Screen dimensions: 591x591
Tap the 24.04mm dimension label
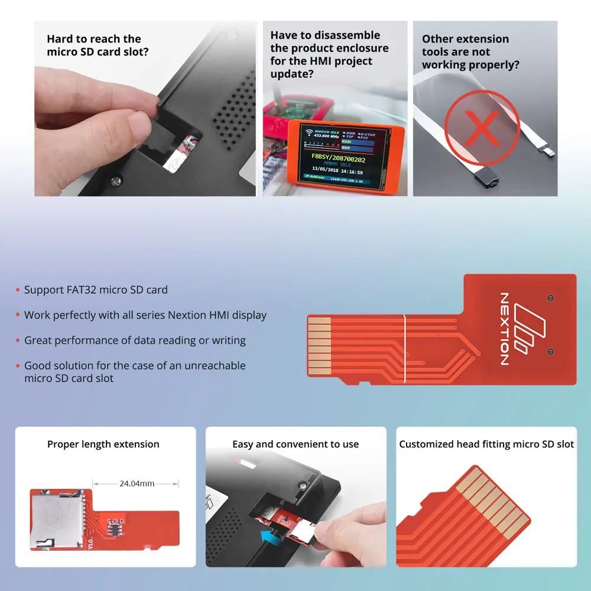tap(137, 483)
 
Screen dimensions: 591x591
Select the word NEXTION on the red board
tap(504, 329)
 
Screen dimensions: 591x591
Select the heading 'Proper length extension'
tap(103, 444)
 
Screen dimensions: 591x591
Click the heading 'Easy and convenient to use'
tap(295, 444)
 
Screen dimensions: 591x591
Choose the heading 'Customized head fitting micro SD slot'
tap(486, 444)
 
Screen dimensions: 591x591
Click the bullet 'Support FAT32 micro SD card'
tap(96, 290)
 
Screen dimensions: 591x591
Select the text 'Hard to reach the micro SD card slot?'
tap(94, 46)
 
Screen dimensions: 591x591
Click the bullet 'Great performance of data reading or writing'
tap(135, 340)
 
